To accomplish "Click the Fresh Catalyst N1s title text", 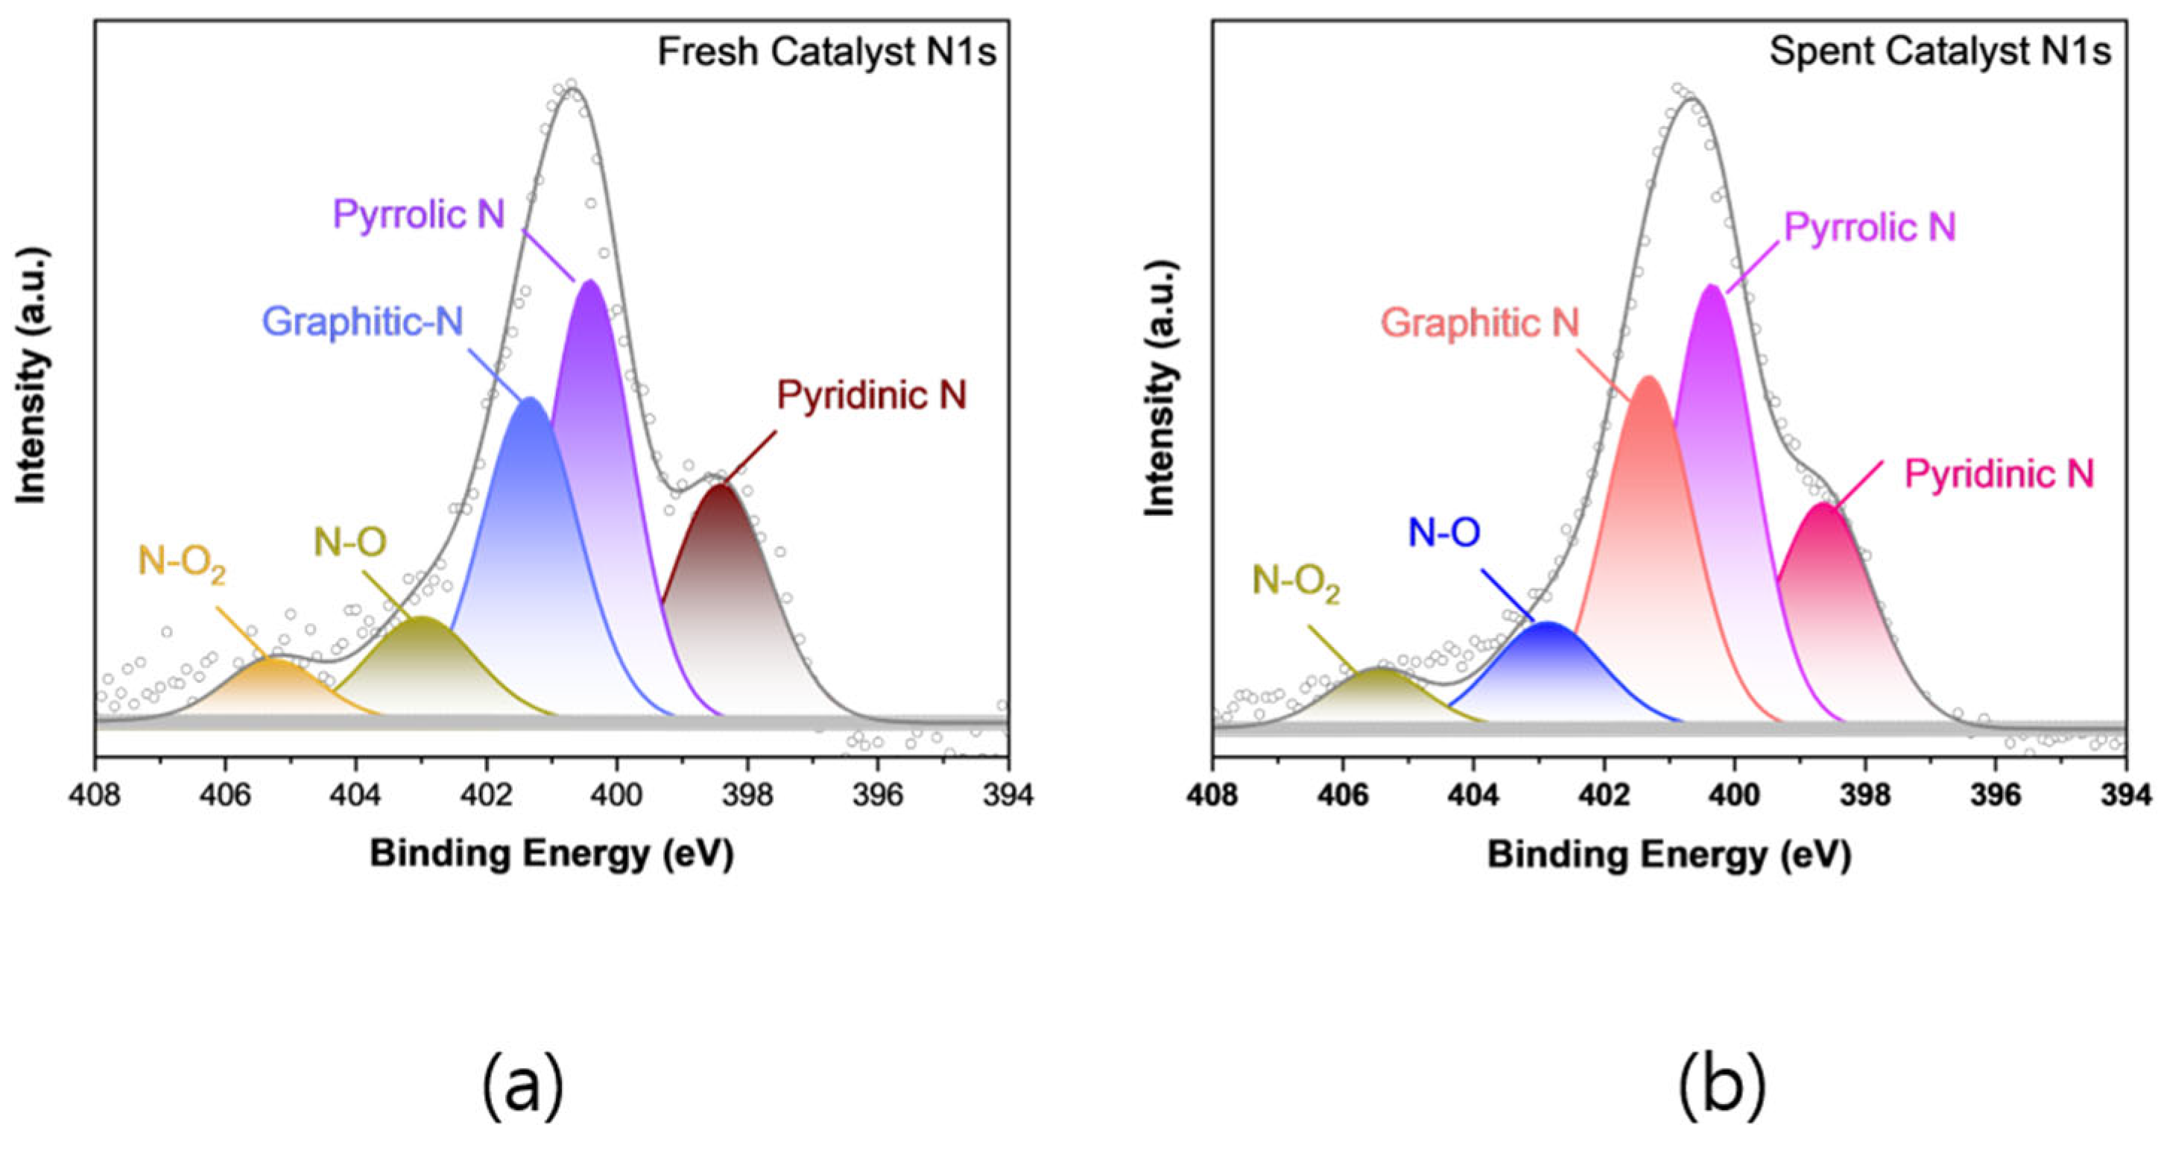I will point(826,52).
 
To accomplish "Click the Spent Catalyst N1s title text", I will point(1940,52).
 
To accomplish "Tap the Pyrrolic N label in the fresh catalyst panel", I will point(419,215).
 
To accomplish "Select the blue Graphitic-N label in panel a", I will point(363,321).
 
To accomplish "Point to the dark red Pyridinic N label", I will point(872,395).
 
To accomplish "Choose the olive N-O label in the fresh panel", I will point(350,543).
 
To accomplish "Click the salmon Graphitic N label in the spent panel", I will point(1480,323).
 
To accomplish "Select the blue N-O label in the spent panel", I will point(1443,532).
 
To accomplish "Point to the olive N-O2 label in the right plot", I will point(1295,582).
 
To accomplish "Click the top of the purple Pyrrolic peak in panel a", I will point(589,282).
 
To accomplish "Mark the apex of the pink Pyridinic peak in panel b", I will point(1822,505).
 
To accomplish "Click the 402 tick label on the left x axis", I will point(485,795).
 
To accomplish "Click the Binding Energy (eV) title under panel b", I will point(1669,856).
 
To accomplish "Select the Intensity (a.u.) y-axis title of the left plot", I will point(31,376).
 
